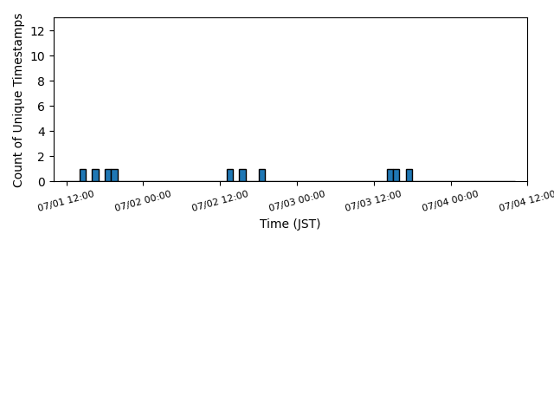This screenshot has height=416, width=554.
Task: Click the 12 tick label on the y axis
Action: pos(37,31)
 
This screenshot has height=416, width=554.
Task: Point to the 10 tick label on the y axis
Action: pos(37,56)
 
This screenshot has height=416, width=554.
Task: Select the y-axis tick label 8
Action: pos(41,81)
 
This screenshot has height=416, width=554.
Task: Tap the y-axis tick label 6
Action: pos(41,107)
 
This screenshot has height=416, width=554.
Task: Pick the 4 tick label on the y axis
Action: pos(41,132)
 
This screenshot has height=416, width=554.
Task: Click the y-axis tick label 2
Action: pos(41,157)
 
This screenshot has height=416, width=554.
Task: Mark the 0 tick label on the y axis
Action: pos(41,182)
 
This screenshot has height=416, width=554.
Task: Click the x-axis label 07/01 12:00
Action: pos(66,200)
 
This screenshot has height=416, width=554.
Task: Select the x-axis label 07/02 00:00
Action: pos(143,200)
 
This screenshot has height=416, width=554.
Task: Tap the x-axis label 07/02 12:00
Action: pos(220,200)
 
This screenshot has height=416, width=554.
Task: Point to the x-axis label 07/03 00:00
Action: pos(297,200)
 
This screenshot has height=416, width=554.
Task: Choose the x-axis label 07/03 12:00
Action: pos(373,200)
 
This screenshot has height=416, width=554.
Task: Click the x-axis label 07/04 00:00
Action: pos(450,200)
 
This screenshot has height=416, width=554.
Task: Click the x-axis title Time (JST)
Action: pos(290,224)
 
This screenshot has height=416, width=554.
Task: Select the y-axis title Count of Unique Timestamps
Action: pos(17,101)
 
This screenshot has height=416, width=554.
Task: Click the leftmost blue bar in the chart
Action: pos(83,175)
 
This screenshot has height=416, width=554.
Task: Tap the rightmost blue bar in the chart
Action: pos(409,175)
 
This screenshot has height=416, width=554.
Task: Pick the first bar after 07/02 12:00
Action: pos(230,175)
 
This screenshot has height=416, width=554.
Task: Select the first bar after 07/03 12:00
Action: pos(390,175)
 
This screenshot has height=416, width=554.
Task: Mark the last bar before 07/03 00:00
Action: pos(262,175)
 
